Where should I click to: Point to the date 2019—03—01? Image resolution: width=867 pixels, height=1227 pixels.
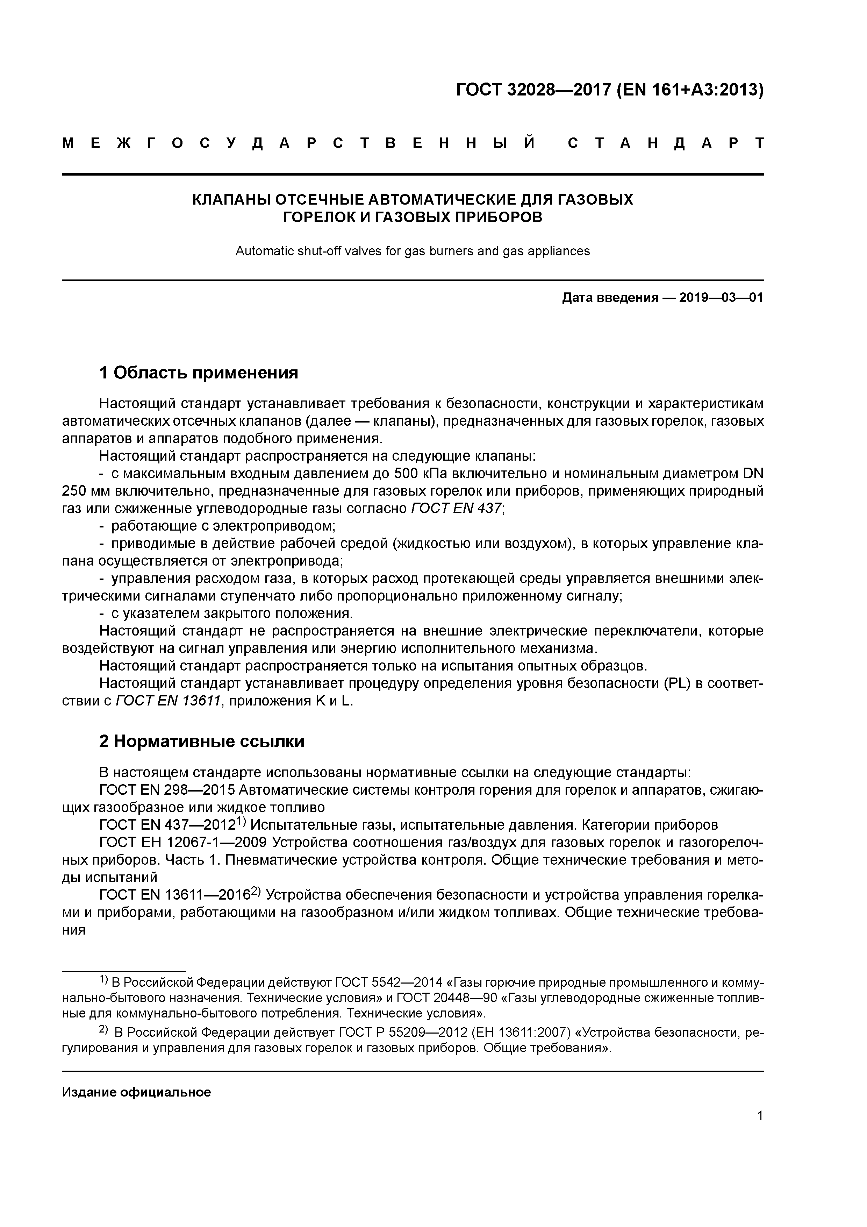click(721, 298)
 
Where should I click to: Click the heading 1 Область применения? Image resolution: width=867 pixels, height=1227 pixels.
click(199, 373)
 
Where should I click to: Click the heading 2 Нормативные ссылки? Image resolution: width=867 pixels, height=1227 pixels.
click(202, 741)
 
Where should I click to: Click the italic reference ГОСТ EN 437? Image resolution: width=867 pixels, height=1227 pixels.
click(457, 508)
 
